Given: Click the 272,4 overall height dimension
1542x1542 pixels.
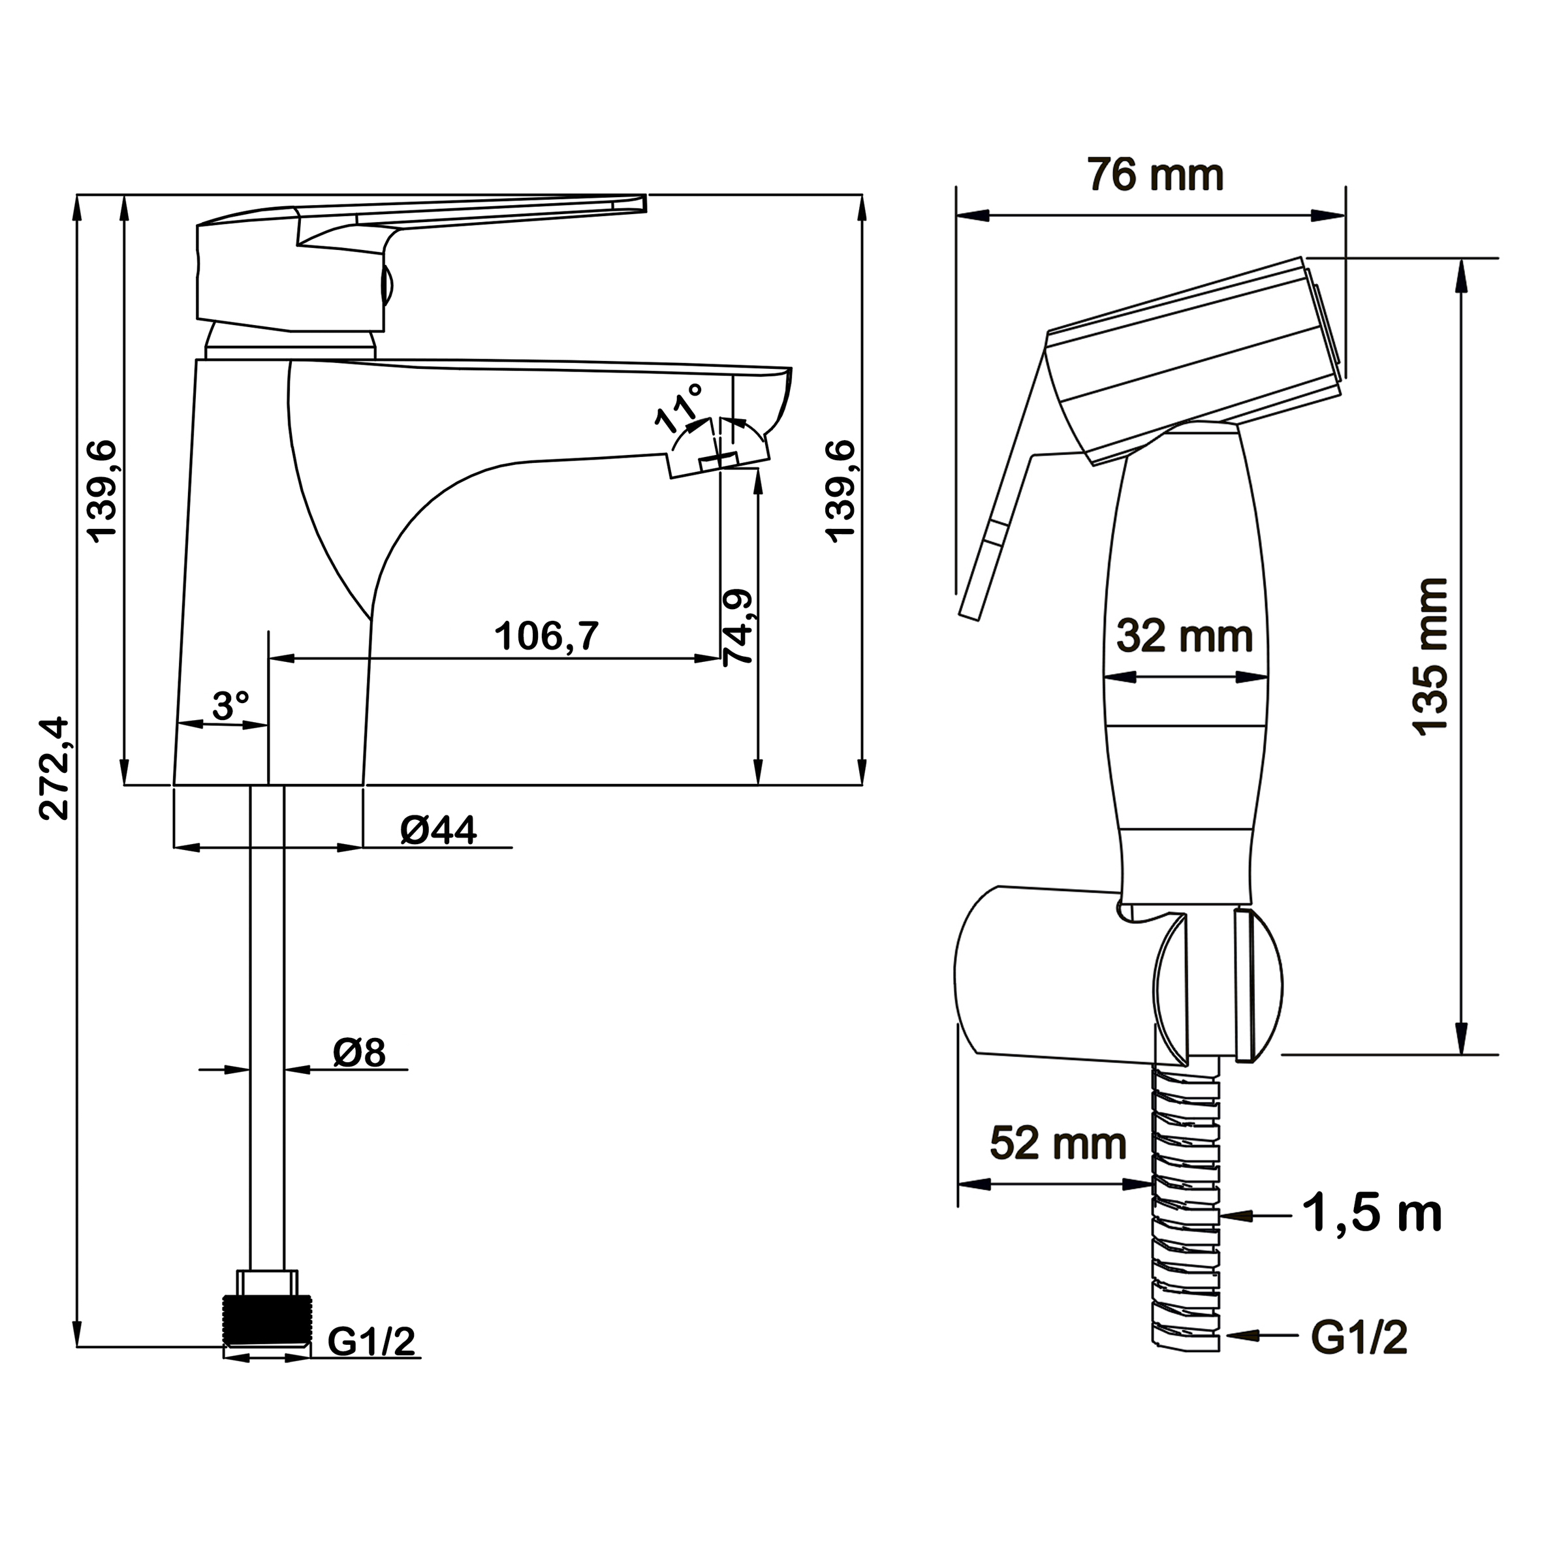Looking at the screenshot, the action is [54, 768].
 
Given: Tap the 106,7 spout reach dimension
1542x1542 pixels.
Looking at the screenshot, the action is [546, 636].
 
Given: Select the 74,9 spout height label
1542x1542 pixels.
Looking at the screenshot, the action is [738, 627].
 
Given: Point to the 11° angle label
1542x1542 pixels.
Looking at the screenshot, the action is [679, 407].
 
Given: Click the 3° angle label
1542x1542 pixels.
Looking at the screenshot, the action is [230, 706].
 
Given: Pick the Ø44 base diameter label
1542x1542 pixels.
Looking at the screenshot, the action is [438, 830].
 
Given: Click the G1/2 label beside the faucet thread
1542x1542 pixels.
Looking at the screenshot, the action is [372, 1341].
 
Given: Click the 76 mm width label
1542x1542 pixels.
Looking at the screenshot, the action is [1156, 175].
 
